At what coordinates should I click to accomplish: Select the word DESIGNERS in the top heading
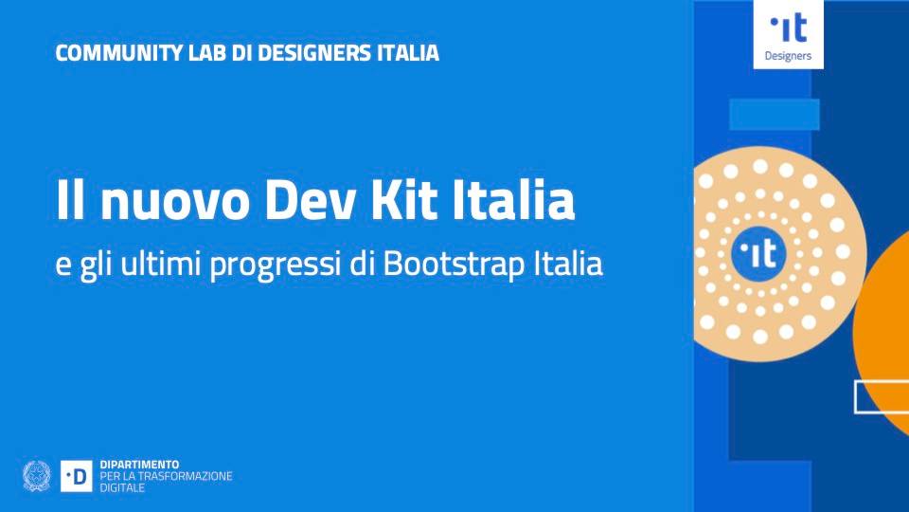tap(314, 53)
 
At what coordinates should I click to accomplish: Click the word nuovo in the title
tap(175, 200)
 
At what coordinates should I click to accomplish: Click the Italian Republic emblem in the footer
tap(37, 476)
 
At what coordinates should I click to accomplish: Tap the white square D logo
tap(77, 476)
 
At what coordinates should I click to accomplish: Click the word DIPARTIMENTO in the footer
tap(140, 465)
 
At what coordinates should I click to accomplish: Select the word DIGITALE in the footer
tap(122, 487)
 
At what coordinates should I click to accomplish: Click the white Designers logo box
tap(789, 34)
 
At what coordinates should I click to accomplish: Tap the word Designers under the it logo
tap(789, 56)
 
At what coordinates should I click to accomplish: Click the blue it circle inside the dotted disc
tap(758, 254)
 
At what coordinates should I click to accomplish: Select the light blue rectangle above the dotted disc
tap(775, 115)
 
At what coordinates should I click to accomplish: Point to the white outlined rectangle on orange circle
tap(856, 397)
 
